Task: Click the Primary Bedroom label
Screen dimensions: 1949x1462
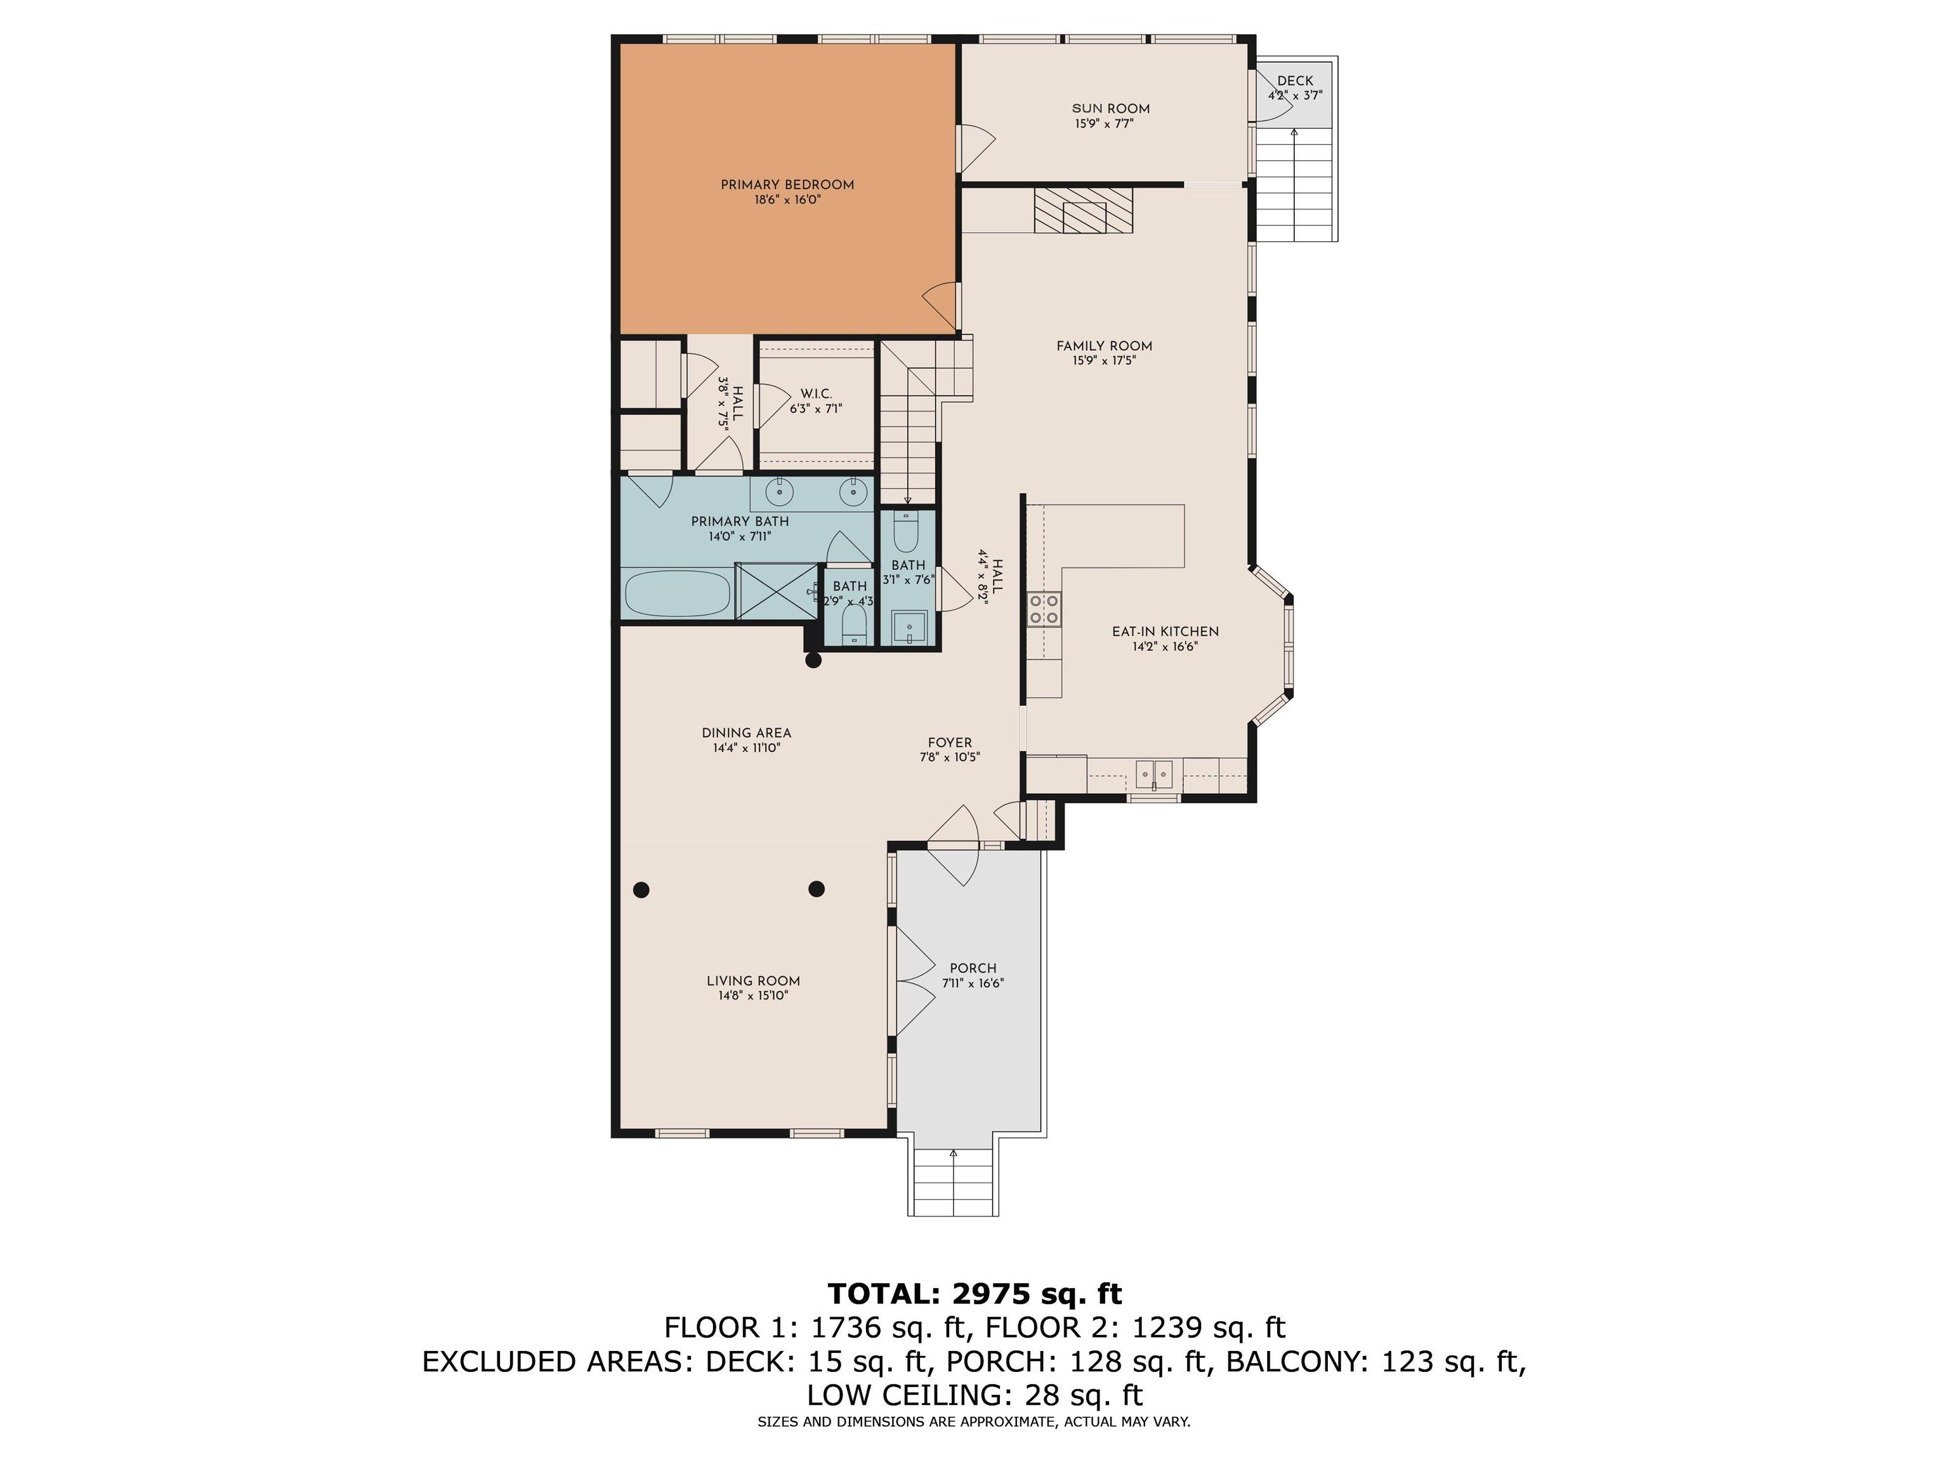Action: (x=787, y=185)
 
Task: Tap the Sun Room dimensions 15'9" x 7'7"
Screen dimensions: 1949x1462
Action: (x=1104, y=124)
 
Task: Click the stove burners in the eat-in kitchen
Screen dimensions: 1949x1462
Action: (x=1045, y=608)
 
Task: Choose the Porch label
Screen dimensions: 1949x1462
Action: (x=973, y=968)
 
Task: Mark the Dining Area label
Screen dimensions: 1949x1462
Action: (x=746, y=733)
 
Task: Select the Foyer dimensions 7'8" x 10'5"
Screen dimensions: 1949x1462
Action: (x=950, y=757)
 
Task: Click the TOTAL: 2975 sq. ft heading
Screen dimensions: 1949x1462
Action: (x=974, y=1294)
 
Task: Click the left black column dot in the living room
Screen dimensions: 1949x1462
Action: (x=641, y=889)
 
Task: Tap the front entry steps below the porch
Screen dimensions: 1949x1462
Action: (x=954, y=1183)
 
